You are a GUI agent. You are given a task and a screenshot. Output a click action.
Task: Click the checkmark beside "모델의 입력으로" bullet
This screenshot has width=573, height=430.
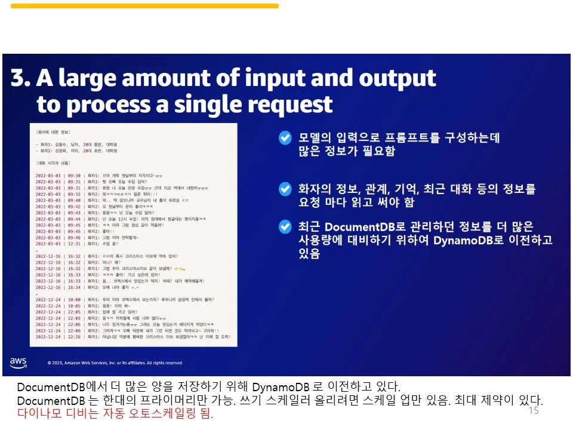click(285, 139)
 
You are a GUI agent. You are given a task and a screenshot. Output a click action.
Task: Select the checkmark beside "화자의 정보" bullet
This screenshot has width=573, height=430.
click(285, 189)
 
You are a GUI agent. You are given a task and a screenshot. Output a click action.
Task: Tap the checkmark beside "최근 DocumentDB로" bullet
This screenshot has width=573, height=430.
click(285, 227)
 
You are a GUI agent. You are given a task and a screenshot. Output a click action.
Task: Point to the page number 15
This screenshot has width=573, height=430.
click(534, 411)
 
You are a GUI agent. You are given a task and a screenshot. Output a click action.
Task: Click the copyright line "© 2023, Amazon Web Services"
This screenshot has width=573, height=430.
click(115, 363)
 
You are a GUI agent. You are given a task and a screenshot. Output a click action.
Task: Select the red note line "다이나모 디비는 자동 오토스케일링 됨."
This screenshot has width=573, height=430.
click(115, 413)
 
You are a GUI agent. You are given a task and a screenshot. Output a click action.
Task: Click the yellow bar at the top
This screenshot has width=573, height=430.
click(144, 6)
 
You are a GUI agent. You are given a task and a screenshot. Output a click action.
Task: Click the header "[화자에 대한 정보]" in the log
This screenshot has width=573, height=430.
click(53, 131)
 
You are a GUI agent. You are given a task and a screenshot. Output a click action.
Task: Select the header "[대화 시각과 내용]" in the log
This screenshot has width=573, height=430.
click(53, 162)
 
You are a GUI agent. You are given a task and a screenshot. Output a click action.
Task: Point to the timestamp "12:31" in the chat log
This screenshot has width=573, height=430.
click(74, 243)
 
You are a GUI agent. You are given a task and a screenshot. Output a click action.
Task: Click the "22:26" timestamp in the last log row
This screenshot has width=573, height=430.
click(74, 337)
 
